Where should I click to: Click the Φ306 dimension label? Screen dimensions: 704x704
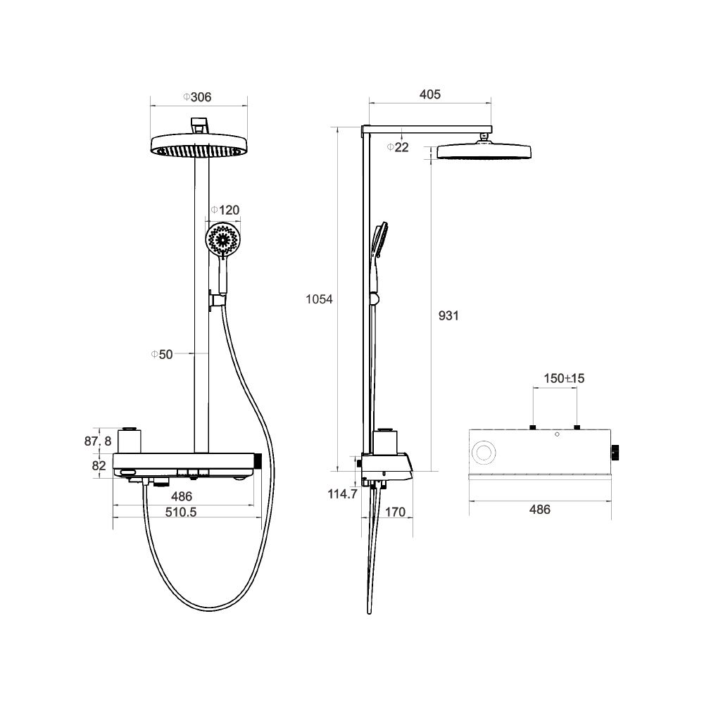(x=197, y=97)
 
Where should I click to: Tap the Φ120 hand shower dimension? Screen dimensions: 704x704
(x=225, y=210)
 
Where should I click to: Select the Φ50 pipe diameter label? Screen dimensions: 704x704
(x=162, y=354)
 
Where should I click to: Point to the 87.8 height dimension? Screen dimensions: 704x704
(x=98, y=441)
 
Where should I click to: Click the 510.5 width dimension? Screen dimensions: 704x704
(x=181, y=512)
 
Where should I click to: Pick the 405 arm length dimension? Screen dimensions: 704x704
(x=430, y=94)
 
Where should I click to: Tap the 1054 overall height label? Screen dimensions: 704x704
(x=319, y=299)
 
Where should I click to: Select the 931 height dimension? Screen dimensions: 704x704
(x=448, y=315)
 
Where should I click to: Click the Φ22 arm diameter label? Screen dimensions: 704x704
(x=398, y=147)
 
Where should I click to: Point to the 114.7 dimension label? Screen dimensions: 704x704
(x=343, y=494)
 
